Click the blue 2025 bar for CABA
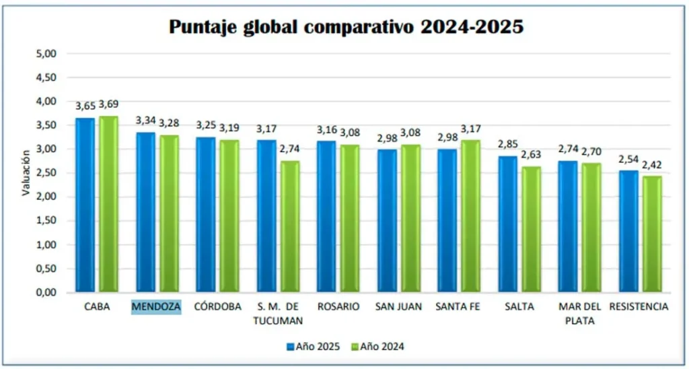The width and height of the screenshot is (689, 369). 85,205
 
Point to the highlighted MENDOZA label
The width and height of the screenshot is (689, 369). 156,307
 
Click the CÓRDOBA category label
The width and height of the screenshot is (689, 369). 217,307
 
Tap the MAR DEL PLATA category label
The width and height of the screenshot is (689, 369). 578,313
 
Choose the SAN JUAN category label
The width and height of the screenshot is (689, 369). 398,307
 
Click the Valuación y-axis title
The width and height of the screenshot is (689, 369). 26,172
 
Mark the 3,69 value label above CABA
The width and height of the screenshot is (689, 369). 109,104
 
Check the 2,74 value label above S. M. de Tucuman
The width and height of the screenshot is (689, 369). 290,149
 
